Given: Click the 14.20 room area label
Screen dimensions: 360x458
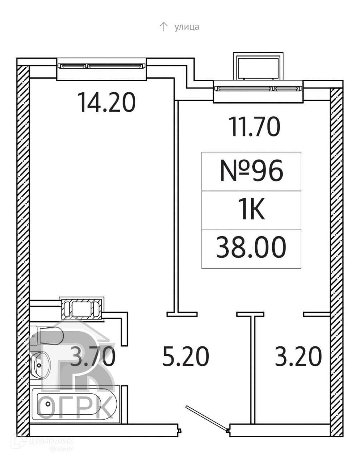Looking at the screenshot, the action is [x=106, y=102].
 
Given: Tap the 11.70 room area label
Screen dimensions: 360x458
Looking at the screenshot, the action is [x=255, y=127].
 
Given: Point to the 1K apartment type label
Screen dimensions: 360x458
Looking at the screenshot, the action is [x=251, y=210].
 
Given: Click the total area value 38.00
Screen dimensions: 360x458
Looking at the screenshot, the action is [x=251, y=247].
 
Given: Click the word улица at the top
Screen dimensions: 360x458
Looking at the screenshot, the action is [x=187, y=27].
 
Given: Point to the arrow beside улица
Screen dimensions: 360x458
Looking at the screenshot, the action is [x=164, y=27].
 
